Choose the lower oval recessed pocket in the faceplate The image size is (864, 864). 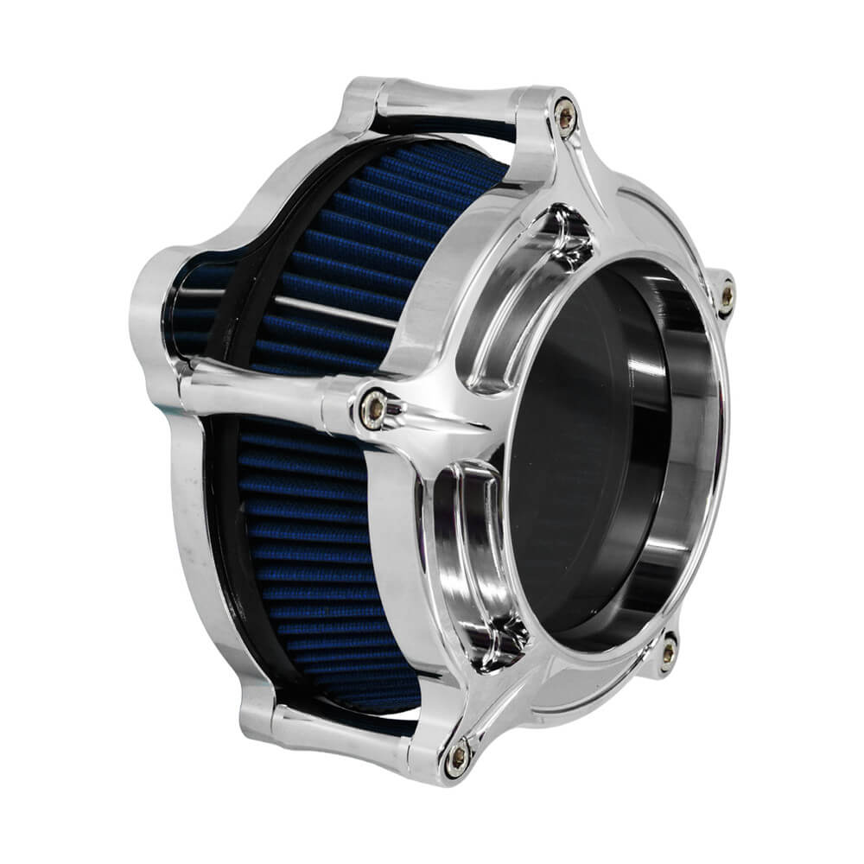coord(471,553)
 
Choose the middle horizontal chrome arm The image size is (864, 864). coord(259,389)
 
